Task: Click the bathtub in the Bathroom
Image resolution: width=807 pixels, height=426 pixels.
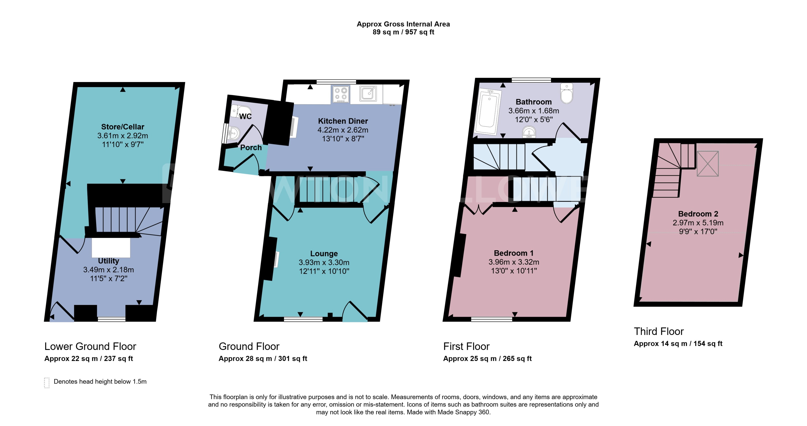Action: (x=487, y=112)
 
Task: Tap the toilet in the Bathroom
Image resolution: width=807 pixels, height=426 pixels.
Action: (x=567, y=93)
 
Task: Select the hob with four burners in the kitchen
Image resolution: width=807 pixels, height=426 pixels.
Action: (x=341, y=94)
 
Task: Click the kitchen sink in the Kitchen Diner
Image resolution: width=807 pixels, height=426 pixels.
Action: (x=368, y=93)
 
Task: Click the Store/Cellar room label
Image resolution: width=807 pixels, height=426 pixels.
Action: (x=122, y=127)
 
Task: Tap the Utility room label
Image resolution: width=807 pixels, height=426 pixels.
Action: (x=108, y=261)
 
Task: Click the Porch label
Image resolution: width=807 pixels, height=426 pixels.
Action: (x=251, y=148)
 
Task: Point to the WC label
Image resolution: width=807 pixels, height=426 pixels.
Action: (x=245, y=116)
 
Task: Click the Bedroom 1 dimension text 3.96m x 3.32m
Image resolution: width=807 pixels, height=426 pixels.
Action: (x=514, y=262)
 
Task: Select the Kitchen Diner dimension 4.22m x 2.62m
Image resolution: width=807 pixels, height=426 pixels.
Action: (x=343, y=130)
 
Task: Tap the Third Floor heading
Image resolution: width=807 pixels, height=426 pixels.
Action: (x=659, y=331)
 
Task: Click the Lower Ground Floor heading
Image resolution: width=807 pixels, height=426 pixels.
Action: (x=90, y=346)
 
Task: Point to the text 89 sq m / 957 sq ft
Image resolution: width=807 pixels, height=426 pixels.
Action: (x=403, y=32)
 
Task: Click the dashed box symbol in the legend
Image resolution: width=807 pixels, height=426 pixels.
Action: (x=47, y=382)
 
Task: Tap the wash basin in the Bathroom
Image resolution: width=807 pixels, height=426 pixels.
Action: (x=529, y=132)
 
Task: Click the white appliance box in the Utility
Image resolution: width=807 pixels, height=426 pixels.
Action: (x=111, y=247)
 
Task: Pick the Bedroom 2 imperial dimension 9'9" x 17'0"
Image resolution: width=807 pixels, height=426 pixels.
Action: (x=698, y=231)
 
